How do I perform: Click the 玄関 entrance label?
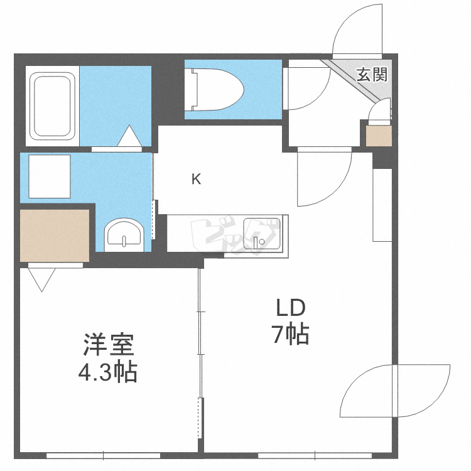click(372, 75)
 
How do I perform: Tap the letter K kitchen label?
click(196, 180)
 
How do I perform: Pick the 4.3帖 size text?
click(107, 374)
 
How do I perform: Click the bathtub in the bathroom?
click(53, 106)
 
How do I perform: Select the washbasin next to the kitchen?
click(124, 234)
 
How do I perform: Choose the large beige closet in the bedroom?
click(55, 235)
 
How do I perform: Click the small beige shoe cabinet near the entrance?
click(379, 136)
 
